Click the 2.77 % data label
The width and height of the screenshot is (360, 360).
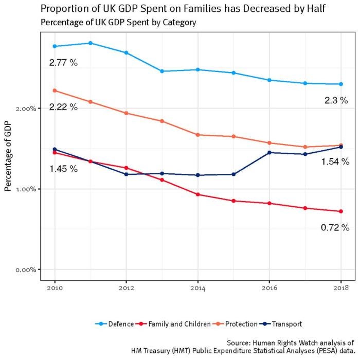pyautogui.click(x=63, y=63)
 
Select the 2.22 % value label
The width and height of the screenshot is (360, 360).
pyautogui.click(x=63, y=107)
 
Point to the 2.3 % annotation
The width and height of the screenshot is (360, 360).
pyautogui.click(x=337, y=101)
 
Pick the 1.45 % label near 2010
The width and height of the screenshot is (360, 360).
pyautogui.click(x=63, y=169)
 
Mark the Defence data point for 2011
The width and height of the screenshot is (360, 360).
pyautogui.click(x=91, y=43)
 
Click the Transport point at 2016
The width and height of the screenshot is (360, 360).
pyautogui.click(x=269, y=152)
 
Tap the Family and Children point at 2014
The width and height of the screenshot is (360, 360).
pyautogui.click(x=197, y=194)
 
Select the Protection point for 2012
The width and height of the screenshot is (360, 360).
pyautogui.click(x=126, y=113)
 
